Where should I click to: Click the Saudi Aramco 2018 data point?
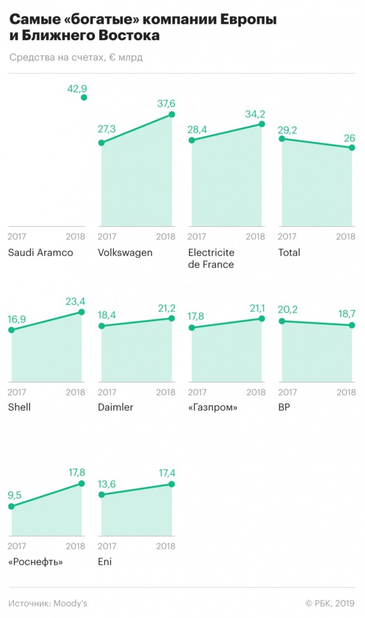click(x=84, y=97)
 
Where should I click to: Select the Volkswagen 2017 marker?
click(x=101, y=143)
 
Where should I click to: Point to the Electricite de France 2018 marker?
click(x=262, y=124)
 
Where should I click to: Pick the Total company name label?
click(x=290, y=252)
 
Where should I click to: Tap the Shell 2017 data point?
click(x=11, y=329)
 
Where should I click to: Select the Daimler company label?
click(x=115, y=407)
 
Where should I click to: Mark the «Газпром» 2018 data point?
click(x=262, y=318)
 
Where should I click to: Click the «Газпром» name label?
click(x=213, y=407)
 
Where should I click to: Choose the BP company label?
click(x=284, y=407)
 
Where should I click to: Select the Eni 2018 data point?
click(x=172, y=484)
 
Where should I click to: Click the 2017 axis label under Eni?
click(x=107, y=547)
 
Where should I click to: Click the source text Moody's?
click(x=70, y=603)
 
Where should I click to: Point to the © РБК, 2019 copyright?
click(x=330, y=603)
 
